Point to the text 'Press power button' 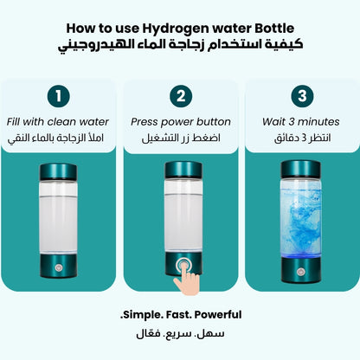(x=180, y=122)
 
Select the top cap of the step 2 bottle (x=180, y=170)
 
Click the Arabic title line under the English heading (x=180, y=44)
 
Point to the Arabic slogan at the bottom (x=180, y=332)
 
